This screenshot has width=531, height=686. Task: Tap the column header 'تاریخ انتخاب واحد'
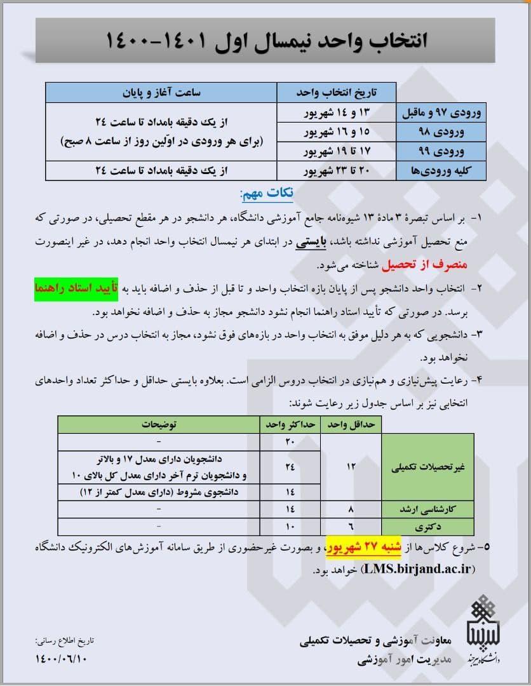click(x=337, y=93)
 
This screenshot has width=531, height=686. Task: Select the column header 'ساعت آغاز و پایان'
click(x=161, y=93)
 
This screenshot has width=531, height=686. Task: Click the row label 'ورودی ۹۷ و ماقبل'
click(x=441, y=114)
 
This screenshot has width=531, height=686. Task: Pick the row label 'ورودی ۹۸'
click(x=441, y=133)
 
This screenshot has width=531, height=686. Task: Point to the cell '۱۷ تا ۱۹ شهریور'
click(x=337, y=152)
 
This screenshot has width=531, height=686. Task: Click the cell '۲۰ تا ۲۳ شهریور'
click(x=337, y=170)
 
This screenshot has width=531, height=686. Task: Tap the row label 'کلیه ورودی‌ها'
click(x=441, y=170)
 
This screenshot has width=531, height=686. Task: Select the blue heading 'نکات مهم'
click(x=267, y=193)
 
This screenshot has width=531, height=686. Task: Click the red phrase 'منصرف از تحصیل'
click(x=447, y=263)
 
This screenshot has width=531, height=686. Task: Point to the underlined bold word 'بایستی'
click(x=313, y=242)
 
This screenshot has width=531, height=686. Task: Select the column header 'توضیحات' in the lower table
click(x=159, y=424)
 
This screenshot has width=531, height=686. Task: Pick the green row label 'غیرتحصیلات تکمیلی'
click(x=428, y=467)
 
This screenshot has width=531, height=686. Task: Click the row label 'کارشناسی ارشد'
click(x=428, y=509)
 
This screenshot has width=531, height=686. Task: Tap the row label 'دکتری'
click(x=428, y=527)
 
